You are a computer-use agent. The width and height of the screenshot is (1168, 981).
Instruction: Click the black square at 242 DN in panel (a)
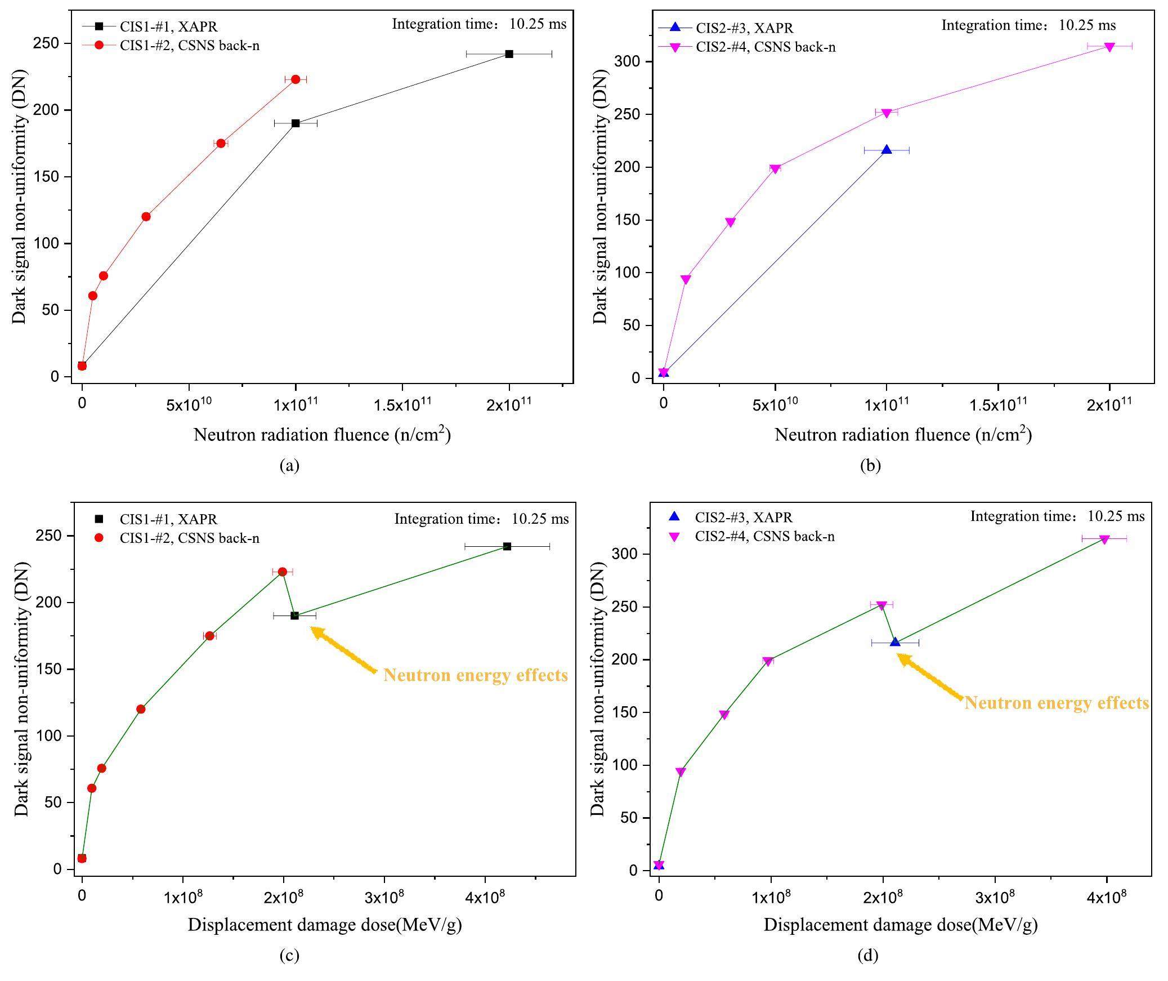click(x=509, y=54)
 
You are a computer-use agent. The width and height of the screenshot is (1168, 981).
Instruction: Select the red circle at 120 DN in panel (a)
click(x=146, y=217)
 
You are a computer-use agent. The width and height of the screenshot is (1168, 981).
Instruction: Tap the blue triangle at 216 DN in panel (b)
click(x=887, y=150)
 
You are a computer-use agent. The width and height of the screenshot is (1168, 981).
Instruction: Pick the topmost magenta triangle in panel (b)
click(x=1109, y=47)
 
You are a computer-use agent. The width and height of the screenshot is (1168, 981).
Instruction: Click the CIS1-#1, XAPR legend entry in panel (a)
click(x=168, y=26)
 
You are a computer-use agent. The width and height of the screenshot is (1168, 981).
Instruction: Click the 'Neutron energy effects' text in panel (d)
click(x=1057, y=703)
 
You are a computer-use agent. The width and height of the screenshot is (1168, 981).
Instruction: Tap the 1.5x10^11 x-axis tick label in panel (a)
click(x=401, y=405)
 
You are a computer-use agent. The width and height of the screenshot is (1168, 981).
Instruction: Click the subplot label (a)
click(x=289, y=465)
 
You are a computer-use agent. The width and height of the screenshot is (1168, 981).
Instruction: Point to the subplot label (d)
click(x=867, y=955)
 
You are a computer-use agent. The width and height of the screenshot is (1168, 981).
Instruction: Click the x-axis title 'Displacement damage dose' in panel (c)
click(x=325, y=925)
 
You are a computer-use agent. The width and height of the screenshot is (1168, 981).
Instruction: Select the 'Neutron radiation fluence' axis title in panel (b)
click(x=903, y=435)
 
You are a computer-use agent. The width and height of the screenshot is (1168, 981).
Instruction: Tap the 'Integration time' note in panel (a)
click(x=479, y=24)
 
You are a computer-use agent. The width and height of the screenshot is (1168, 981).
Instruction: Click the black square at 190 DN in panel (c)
click(x=294, y=616)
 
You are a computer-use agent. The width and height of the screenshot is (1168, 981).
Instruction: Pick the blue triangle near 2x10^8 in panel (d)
click(x=895, y=642)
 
